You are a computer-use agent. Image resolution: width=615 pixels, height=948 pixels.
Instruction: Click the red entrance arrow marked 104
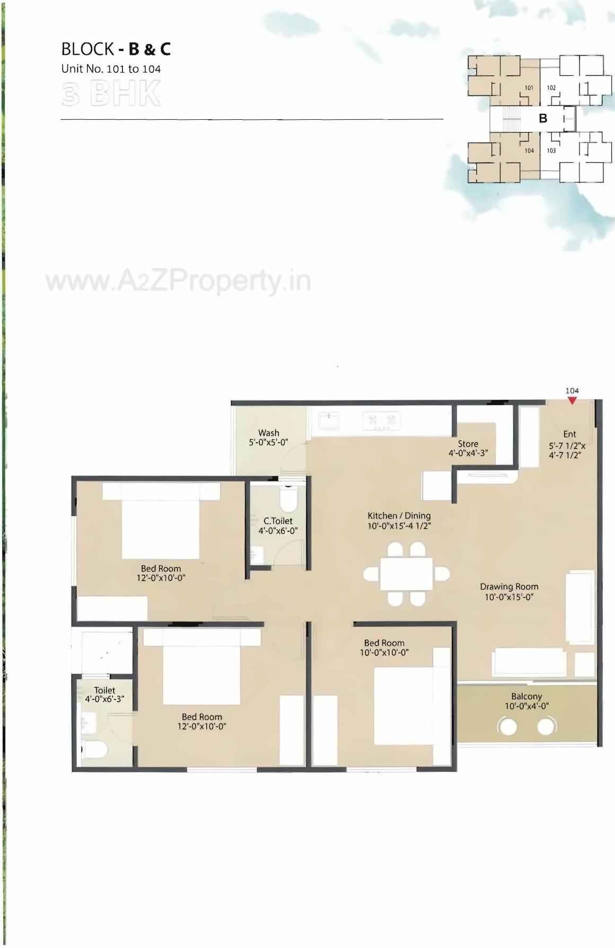572,401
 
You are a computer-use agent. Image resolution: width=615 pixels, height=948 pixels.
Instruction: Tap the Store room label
468,444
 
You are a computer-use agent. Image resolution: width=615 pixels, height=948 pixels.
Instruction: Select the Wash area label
269,433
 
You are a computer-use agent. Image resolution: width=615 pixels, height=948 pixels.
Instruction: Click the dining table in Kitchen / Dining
406,574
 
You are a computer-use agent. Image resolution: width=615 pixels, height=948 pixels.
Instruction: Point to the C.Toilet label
278,521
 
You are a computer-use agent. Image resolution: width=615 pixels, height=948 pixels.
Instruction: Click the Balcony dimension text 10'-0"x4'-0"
526,706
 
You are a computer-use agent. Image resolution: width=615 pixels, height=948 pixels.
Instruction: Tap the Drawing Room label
509,587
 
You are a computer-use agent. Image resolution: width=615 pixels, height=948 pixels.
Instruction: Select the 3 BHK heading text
111,94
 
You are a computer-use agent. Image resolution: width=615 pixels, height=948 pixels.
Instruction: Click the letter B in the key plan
543,118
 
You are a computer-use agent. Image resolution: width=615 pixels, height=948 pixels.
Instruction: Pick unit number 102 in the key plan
551,88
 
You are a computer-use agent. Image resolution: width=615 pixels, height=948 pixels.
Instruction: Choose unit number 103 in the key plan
551,151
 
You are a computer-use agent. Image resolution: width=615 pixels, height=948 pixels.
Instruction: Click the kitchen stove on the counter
382,420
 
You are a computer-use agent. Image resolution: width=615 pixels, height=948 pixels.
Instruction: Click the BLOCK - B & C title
116,49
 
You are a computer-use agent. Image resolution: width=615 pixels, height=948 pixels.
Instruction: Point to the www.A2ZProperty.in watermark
178,282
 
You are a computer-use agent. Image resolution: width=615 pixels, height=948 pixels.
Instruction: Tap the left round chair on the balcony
508,726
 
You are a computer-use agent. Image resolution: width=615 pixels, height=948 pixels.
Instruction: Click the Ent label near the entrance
569,434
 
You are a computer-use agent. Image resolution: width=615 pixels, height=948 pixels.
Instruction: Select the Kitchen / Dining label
399,515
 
